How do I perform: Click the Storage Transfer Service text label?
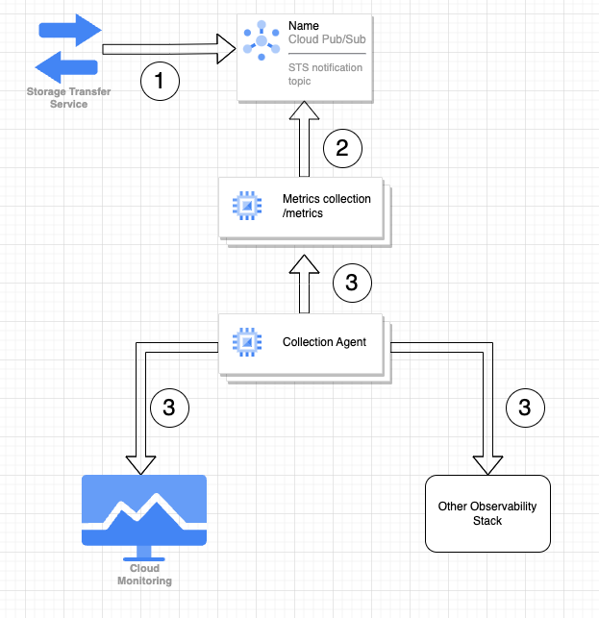tap(68, 98)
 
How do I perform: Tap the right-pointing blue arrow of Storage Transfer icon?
tap(69, 29)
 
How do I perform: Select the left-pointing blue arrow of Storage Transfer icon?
tap(67, 67)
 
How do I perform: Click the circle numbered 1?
tap(161, 82)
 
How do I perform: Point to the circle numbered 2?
tap(342, 148)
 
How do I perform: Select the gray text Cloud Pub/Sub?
tap(327, 39)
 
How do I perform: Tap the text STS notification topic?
tap(320, 75)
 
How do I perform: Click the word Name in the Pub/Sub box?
tap(303, 25)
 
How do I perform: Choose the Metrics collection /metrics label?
tap(315, 206)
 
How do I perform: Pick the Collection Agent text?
tap(324, 342)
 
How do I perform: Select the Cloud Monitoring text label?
tap(143, 575)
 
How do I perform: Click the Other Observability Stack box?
tap(487, 513)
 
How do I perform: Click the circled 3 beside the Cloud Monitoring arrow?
tap(169, 408)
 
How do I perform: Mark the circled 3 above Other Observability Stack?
tap(524, 408)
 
